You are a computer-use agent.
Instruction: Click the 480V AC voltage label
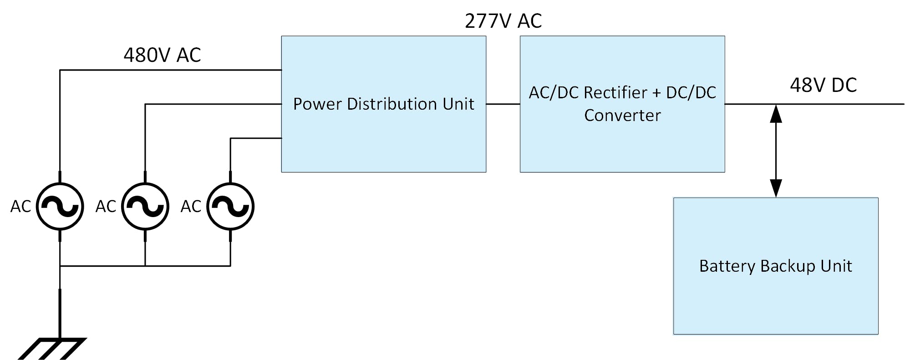[x=162, y=55]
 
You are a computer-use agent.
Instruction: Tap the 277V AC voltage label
[x=503, y=21]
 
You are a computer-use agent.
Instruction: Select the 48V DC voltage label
[x=823, y=85]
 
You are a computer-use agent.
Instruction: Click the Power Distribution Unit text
[x=383, y=104]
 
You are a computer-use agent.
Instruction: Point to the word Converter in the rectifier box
[x=622, y=116]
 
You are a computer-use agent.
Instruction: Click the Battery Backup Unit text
[x=775, y=266]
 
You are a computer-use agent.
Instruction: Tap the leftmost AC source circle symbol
[x=60, y=207]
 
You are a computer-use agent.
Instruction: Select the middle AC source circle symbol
[x=145, y=207]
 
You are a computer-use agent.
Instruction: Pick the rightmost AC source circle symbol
[x=230, y=207]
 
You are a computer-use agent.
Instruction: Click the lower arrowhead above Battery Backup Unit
[x=776, y=188]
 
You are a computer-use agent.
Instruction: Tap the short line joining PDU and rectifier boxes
[x=503, y=104]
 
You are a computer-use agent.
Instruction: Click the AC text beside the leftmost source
[x=20, y=207]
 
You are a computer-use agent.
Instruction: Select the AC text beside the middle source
[x=106, y=207]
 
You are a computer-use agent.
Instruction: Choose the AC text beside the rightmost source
[x=191, y=207]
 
